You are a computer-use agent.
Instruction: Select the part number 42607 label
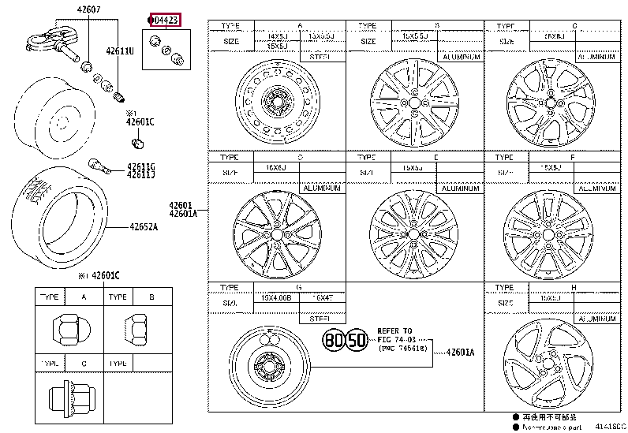click(x=88, y=9)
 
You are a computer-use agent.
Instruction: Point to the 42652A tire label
click(x=144, y=227)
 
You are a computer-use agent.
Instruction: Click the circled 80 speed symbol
click(x=335, y=341)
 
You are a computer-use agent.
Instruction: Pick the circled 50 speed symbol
click(x=357, y=341)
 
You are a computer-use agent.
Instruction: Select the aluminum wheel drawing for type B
click(x=413, y=102)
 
